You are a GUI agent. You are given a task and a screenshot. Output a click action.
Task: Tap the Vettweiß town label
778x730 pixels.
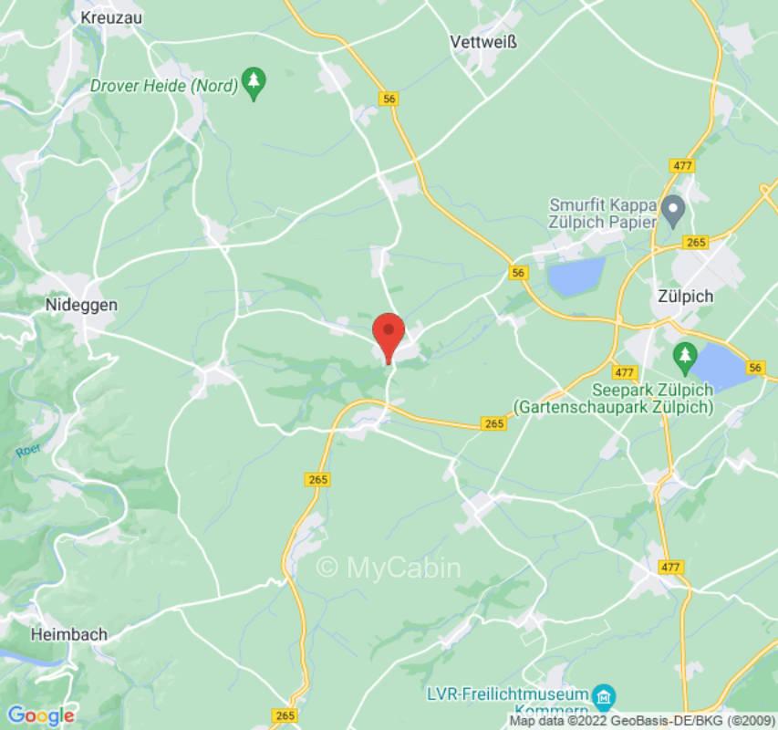tap(482, 42)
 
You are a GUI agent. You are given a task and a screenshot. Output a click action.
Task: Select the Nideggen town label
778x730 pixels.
tap(81, 306)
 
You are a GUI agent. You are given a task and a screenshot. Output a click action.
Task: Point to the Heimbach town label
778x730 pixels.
tap(68, 634)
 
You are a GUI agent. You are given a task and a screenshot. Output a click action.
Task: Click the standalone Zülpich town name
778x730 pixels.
tap(685, 297)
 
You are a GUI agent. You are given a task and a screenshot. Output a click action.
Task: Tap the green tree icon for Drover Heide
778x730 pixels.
tap(254, 84)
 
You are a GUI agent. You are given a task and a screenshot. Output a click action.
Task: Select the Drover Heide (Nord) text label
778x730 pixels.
tap(163, 86)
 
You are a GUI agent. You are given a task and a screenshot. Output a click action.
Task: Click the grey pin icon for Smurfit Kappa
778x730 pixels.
tap(672, 211)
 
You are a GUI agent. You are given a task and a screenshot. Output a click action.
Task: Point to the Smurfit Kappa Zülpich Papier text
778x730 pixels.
tap(604, 212)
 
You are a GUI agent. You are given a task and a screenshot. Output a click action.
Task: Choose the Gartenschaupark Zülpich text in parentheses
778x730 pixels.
tap(613, 407)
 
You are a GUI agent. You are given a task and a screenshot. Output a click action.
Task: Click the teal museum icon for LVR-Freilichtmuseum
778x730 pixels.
tap(602, 698)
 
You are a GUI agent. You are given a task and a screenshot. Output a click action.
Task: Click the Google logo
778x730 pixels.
tap(40, 715)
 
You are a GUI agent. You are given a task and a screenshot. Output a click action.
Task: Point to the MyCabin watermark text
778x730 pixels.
tap(389, 568)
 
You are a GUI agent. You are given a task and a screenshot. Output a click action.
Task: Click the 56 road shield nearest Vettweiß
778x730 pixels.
tap(391, 99)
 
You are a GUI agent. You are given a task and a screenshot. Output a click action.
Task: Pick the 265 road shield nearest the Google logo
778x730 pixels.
tap(285, 715)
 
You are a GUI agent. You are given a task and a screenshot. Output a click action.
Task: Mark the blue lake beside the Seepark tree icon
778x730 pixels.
tap(725, 365)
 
